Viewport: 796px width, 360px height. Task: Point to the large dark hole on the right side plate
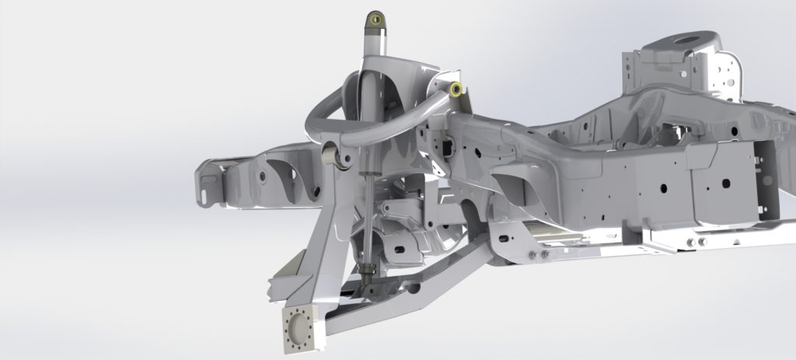[x=725, y=183]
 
